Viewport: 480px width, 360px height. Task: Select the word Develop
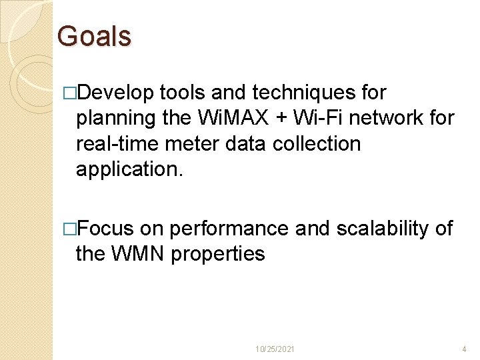pyautogui.click(x=115, y=93)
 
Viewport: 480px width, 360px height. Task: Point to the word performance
pyautogui.click(x=229, y=229)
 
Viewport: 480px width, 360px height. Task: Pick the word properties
pyautogui.click(x=218, y=255)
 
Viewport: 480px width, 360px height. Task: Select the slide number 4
pyautogui.click(x=464, y=349)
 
